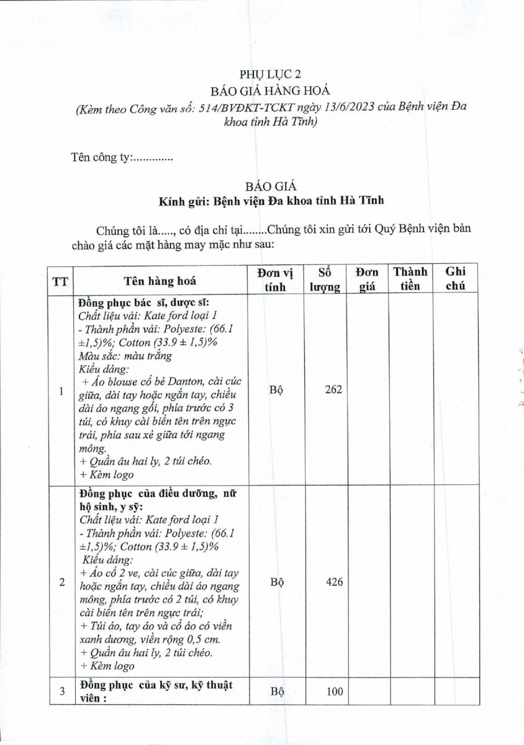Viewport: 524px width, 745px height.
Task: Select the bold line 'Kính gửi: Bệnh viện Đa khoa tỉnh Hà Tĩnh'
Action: click(271, 201)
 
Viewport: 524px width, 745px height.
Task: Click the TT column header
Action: click(60, 281)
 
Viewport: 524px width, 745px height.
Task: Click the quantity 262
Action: click(333, 390)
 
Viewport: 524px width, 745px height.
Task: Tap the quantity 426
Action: click(334, 582)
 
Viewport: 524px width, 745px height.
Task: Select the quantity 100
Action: click(334, 692)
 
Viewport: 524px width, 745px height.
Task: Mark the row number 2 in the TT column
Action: click(61, 582)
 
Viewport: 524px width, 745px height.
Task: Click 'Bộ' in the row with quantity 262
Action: click(276, 390)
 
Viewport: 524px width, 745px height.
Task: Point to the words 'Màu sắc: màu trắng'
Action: click(125, 356)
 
